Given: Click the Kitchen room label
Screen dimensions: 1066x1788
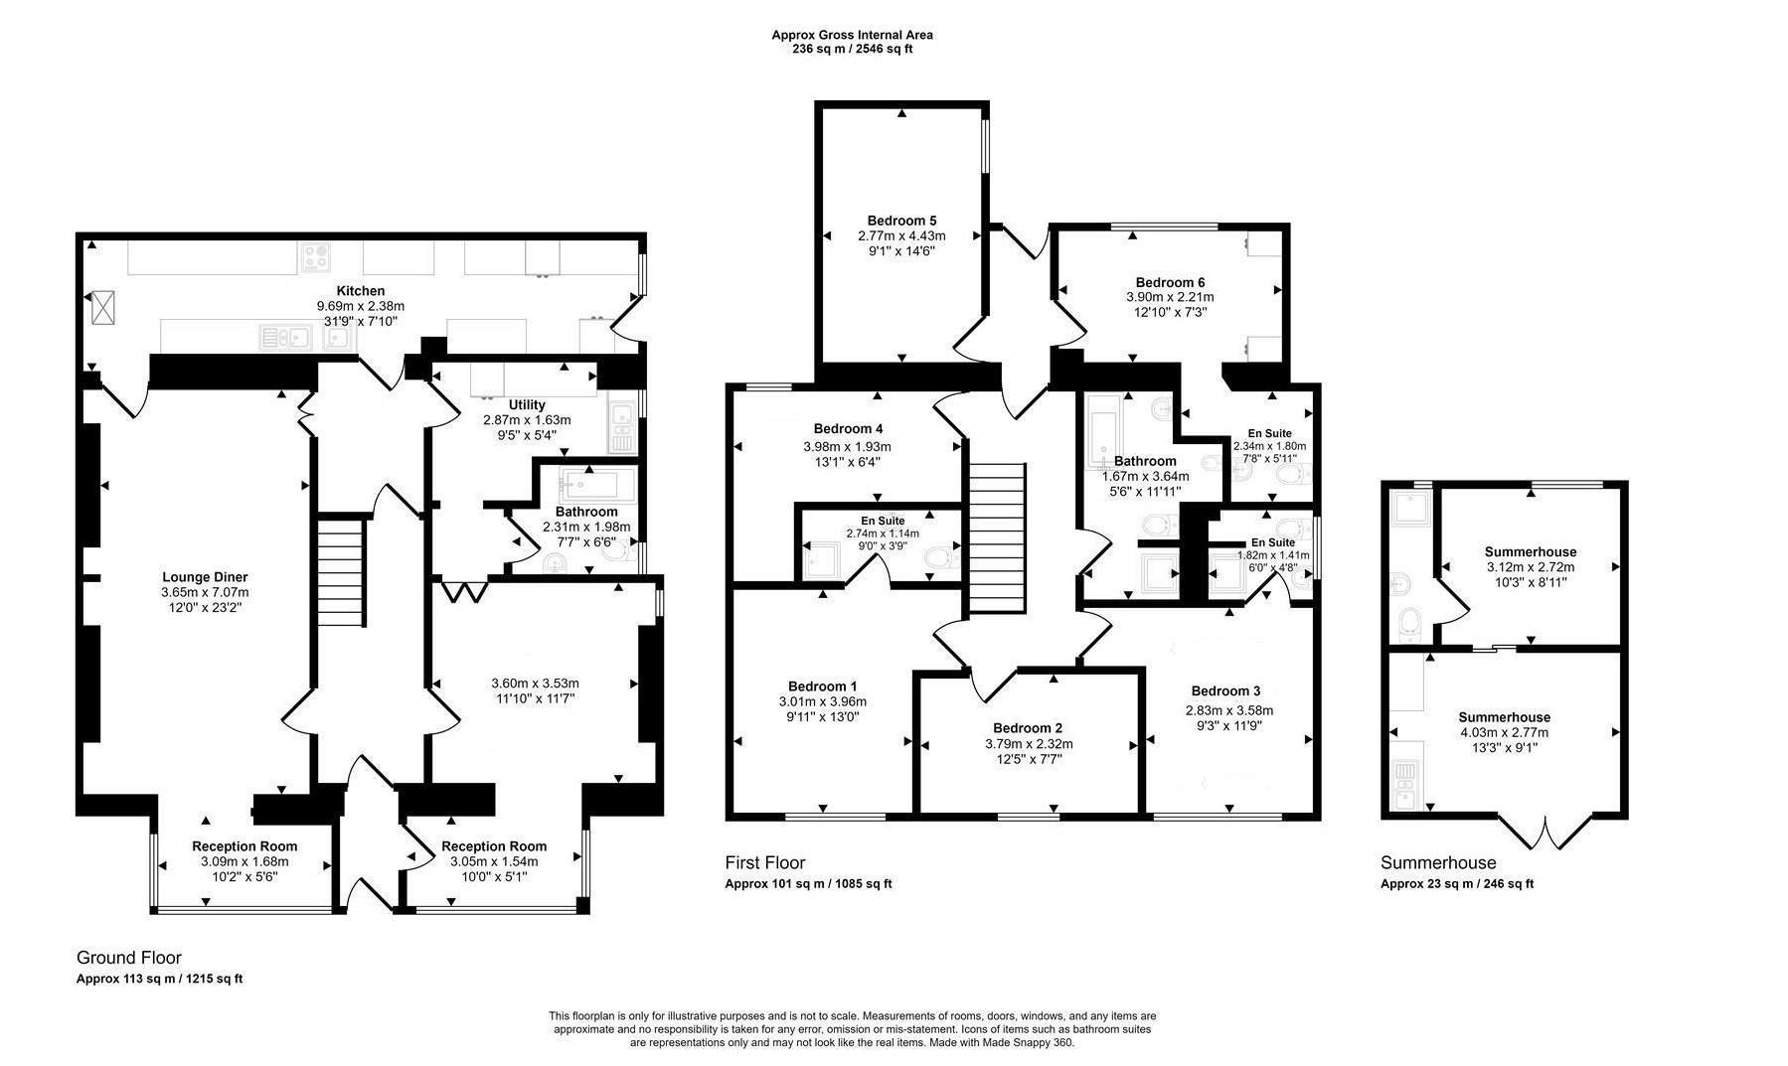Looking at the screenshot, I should [x=360, y=291].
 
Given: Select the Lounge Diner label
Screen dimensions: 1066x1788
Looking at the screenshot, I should [x=205, y=577].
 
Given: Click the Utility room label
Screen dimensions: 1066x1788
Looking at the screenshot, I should [x=527, y=405].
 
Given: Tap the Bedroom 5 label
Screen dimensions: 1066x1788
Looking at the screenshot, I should [x=901, y=221].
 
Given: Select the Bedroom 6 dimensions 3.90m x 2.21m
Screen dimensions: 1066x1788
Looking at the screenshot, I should [x=1170, y=297].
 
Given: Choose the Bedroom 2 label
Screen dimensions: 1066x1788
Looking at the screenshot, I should [x=1028, y=728].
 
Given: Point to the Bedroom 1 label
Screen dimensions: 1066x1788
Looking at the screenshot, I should [x=822, y=686].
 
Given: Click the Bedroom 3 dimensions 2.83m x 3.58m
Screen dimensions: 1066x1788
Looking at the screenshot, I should [x=1228, y=710].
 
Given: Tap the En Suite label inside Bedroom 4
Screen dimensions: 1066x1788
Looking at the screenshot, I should [x=883, y=521].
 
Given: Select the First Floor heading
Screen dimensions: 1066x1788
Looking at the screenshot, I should [x=764, y=863].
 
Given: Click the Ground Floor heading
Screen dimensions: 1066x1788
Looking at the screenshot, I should [x=129, y=958].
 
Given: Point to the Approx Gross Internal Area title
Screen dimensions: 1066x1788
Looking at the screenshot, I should [x=852, y=35].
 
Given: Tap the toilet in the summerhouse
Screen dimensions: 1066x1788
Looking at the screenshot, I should [x=1408, y=623].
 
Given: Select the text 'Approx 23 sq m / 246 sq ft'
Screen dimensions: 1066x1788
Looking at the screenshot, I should [x=1456, y=883].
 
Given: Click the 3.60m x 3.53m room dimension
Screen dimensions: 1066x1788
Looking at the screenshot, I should [x=535, y=683].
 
